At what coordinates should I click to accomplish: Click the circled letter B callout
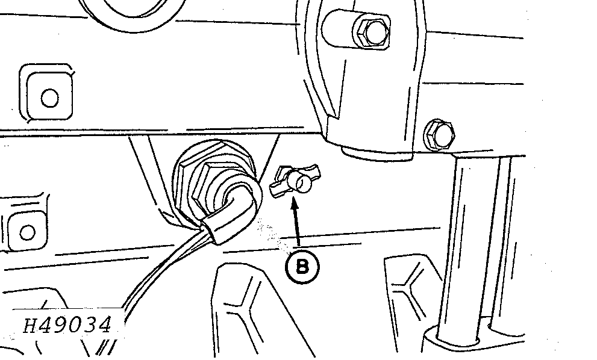coord(302,266)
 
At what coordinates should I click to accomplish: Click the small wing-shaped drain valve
coord(295,180)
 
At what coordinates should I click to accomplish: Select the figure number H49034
coord(67,326)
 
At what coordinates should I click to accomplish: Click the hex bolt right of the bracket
coord(439,135)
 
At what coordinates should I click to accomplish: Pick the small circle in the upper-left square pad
coord(50,98)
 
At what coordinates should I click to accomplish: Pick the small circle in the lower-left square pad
coord(27,232)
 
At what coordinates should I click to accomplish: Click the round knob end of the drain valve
coord(300,181)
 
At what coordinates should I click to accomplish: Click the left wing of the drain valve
coord(278,187)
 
